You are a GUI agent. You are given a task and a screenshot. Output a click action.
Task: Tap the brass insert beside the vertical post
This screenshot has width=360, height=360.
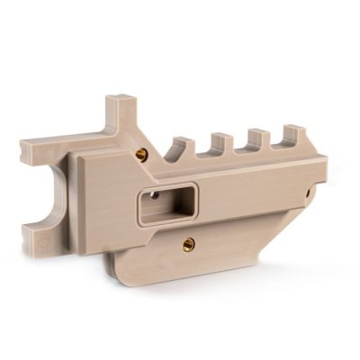coord(141,154)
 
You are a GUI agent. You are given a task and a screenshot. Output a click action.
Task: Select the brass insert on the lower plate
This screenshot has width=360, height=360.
coord(188,242)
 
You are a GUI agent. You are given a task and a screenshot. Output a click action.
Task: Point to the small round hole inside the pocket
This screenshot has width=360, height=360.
coord(154,193)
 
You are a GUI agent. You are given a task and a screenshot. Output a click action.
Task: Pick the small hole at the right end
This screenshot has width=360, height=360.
coord(309,191)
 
